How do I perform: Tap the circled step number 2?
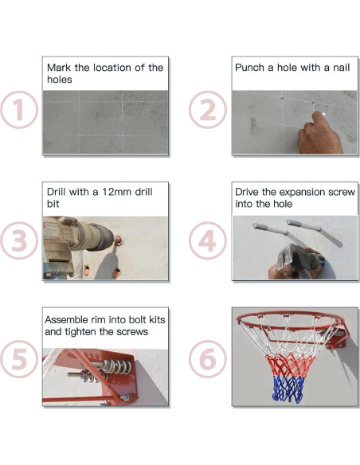click(x=208, y=111)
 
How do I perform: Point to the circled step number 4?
click(x=208, y=240)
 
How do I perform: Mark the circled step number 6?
click(x=208, y=361)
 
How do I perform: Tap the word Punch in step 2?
click(x=250, y=68)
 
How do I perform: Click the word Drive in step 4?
click(x=248, y=193)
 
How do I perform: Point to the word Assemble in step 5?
click(x=70, y=319)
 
